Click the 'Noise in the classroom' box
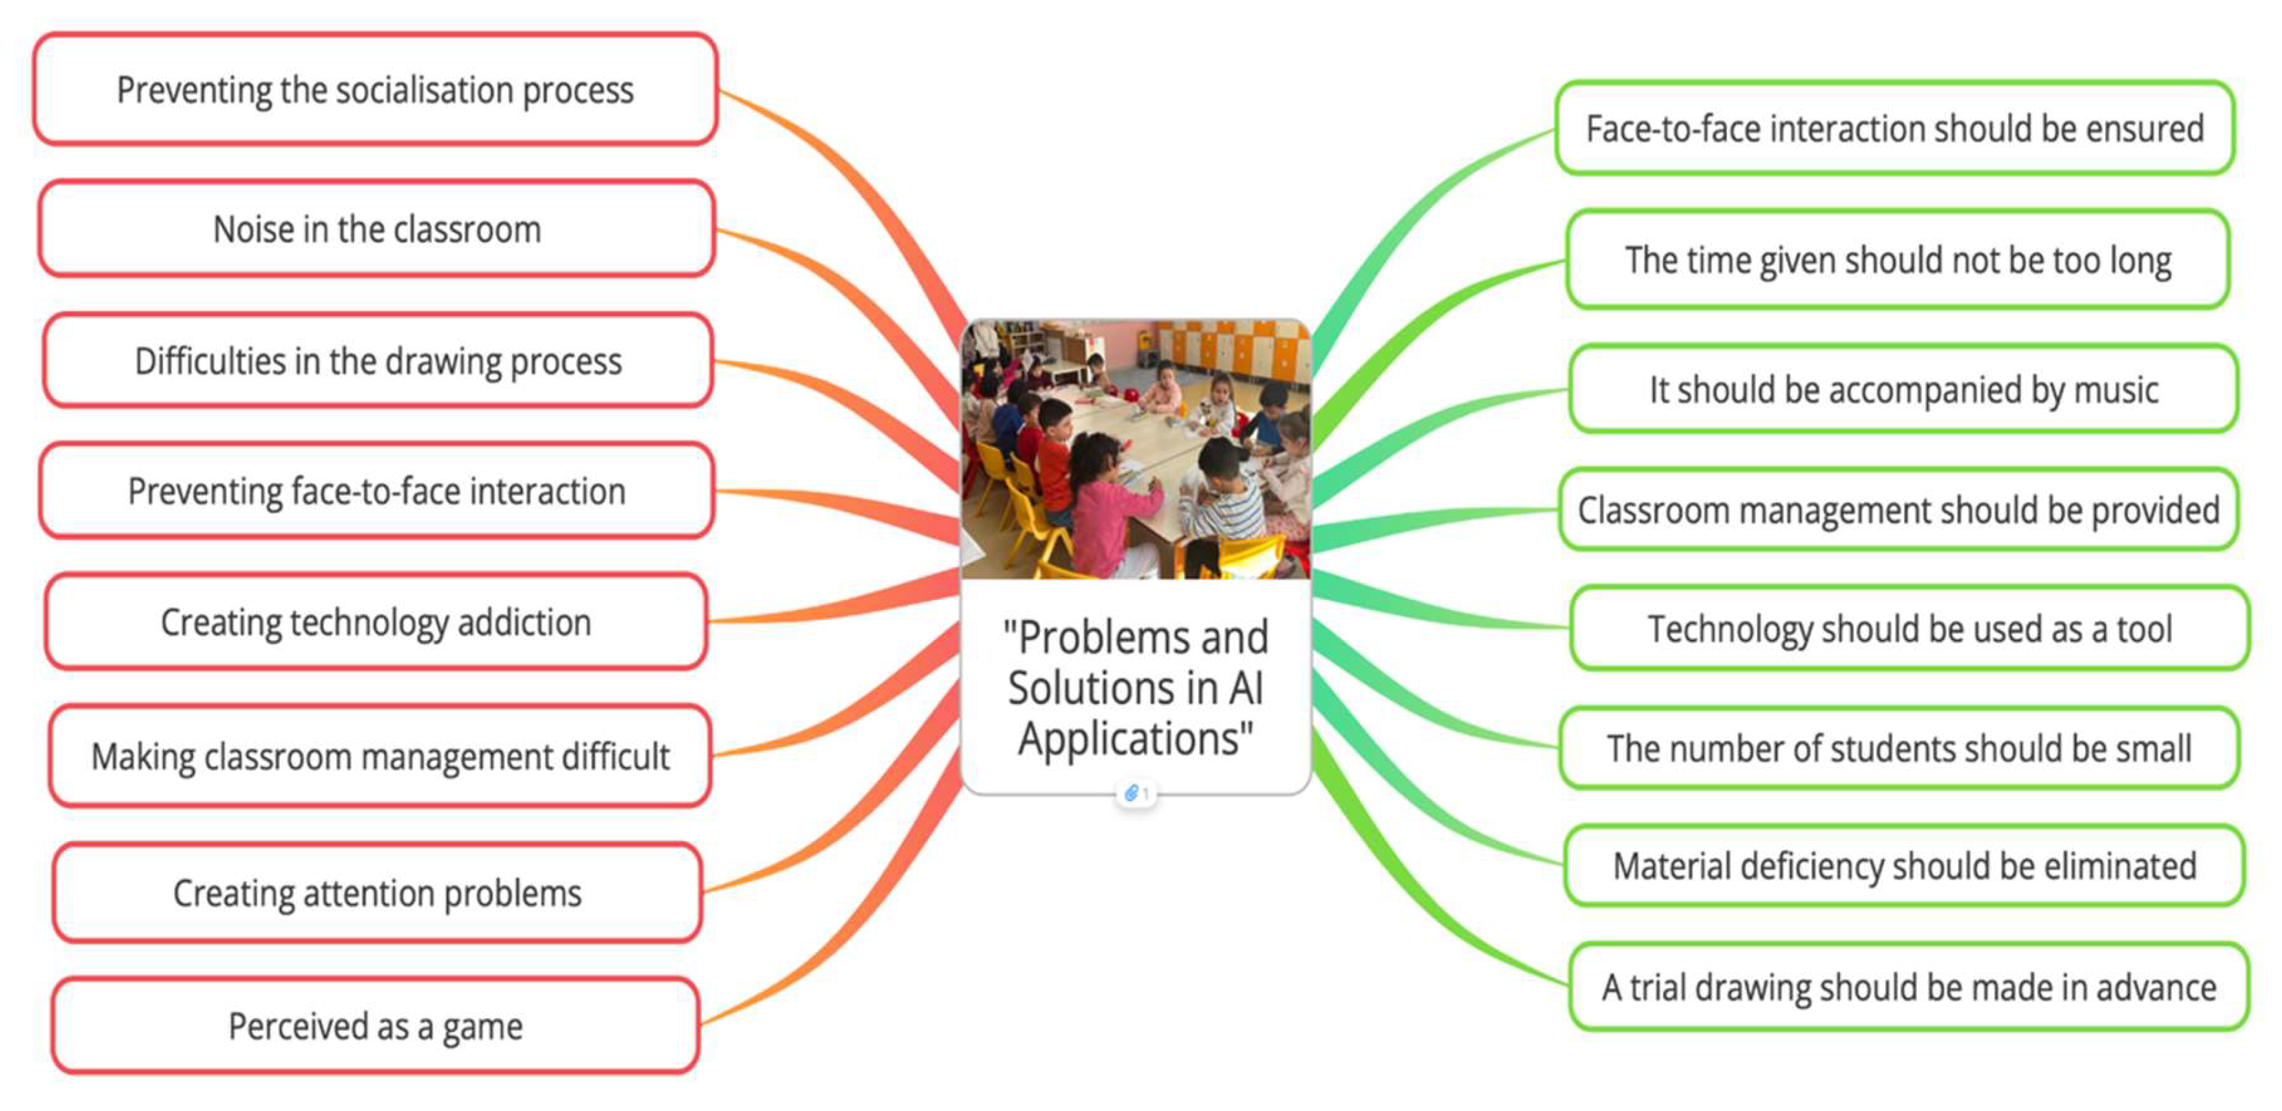point(377,228)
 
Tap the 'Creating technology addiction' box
point(375,621)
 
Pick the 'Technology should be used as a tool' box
point(1909,628)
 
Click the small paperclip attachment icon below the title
point(1131,793)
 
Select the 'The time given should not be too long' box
point(1897,260)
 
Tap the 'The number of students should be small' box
point(1899,749)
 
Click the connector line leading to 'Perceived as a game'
point(850,921)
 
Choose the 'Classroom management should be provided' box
point(1899,510)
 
